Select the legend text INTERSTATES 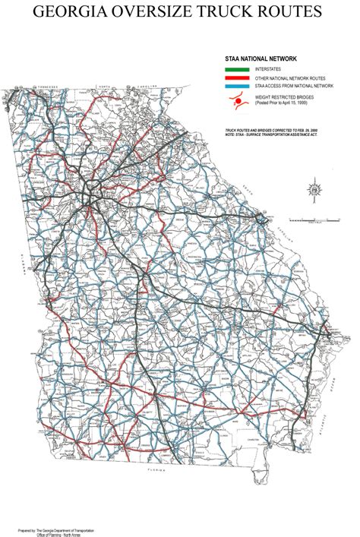click(270, 69)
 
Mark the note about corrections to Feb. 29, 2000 click(273, 130)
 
